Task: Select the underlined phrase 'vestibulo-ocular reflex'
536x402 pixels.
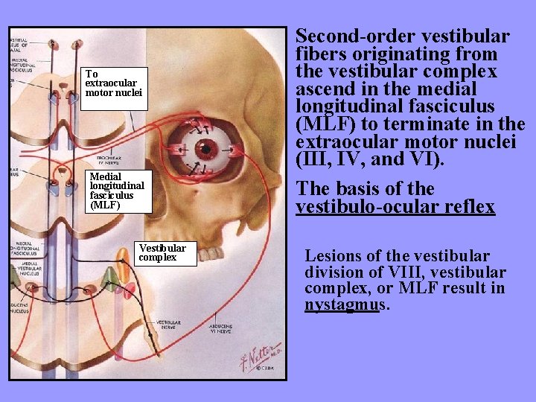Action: point(395,206)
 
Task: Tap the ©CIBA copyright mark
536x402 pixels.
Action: point(264,367)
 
